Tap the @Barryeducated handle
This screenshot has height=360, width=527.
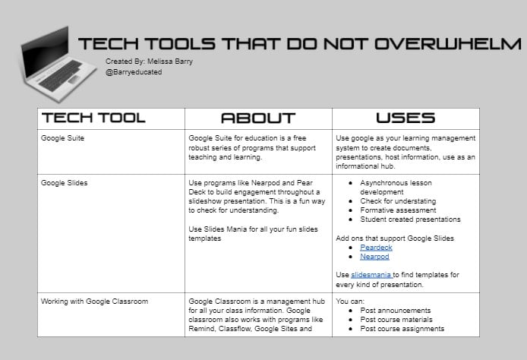pyautogui.click(x=134, y=72)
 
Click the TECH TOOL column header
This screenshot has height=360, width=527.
pyautogui.click(x=93, y=118)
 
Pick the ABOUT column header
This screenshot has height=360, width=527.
pyautogui.click(x=257, y=118)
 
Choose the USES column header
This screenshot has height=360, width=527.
pyautogui.click(x=406, y=118)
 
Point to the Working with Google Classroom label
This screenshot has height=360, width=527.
pyautogui.click(x=94, y=302)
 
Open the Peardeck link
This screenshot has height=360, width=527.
pyautogui.click(x=376, y=248)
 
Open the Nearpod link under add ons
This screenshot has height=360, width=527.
pyautogui.click(x=374, y=257)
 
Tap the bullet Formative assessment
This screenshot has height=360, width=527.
pyautogui.click(x=399, y=210)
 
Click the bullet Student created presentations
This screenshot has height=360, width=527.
pyautogui.click(x=411, y=219)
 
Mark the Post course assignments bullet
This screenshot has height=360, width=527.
pyautogui.click(x=402, y=329)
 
